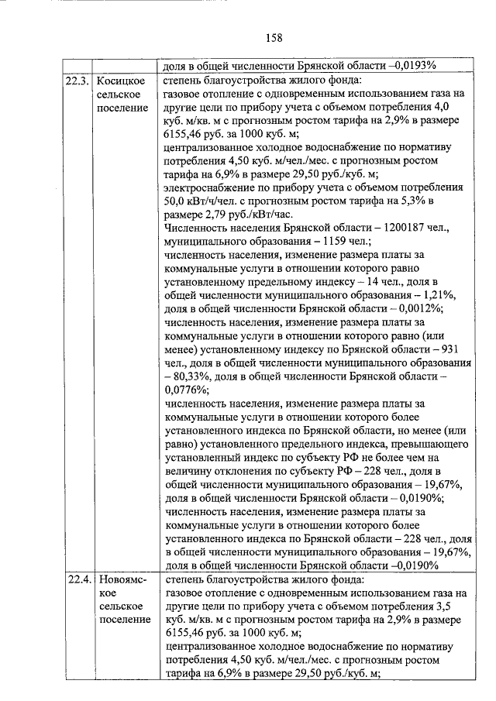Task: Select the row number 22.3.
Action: coord(76,80)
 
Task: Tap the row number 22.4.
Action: coord(76,579)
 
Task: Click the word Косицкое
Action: coord(122,80)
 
